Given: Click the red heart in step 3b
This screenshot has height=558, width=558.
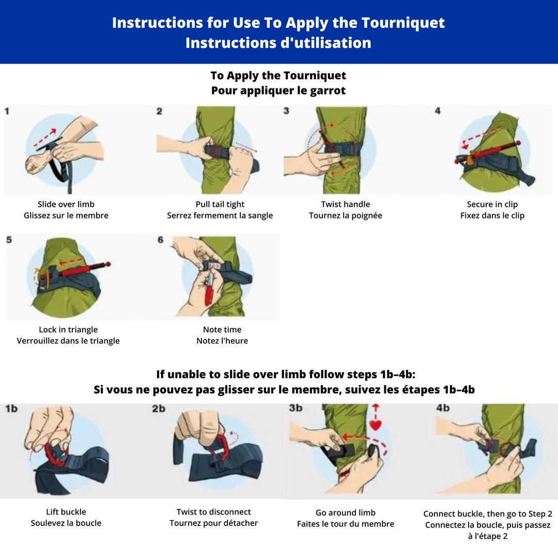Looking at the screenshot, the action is tap(376, 425).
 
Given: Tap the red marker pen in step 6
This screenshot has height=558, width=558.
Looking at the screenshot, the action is tap(209, 289).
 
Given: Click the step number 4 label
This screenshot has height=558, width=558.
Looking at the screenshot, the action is tap(438, 111).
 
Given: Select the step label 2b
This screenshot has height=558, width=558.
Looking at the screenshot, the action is tap(159, 409).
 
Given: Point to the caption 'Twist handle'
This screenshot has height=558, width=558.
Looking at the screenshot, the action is tap(346, 204).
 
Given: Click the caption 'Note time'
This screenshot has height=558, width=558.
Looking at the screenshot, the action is tap(222, 330).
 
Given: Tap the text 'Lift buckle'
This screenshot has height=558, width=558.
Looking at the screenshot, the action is tap(66, 512).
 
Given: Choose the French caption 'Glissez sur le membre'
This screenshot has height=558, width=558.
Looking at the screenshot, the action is tap(66, 215).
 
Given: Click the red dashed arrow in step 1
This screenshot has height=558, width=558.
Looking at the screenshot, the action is tap(45, 138).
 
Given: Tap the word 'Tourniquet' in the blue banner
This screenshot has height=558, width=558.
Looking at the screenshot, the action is tap(403, 23).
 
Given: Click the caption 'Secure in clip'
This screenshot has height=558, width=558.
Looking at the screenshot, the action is tap(492, 204).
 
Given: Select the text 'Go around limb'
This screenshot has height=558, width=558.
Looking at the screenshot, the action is tap(346, 513).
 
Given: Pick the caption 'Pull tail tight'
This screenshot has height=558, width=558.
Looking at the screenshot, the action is tap(220, 204).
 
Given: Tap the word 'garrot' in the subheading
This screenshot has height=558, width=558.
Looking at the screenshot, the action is tap(328, 91).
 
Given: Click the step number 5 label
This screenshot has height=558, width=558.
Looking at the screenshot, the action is tap(9, 240).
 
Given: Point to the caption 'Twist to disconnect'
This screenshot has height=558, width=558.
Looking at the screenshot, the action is tap(213, 512).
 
